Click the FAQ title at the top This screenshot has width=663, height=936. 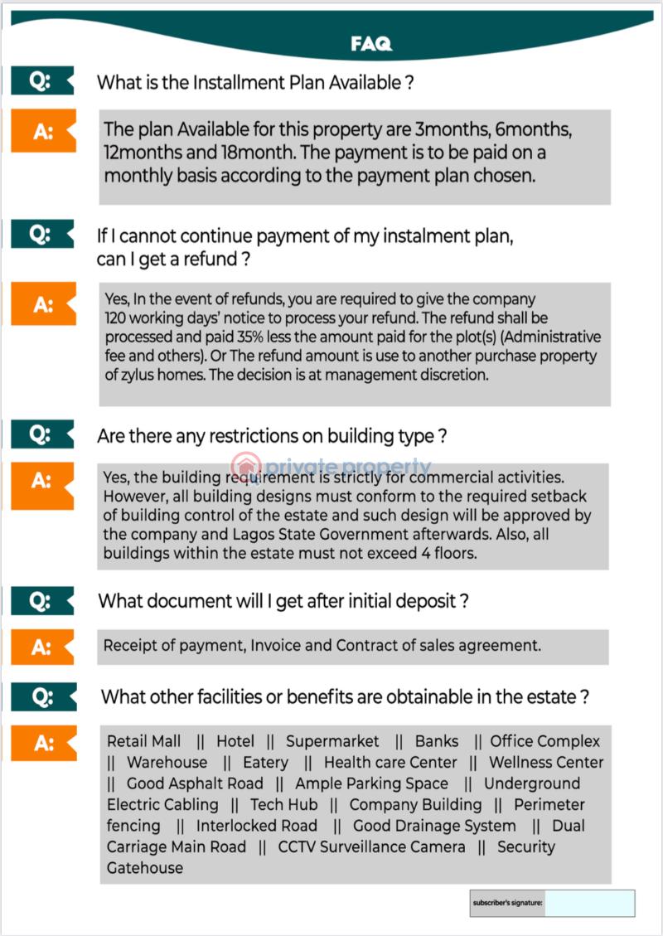370,45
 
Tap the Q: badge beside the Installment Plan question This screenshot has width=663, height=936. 41,80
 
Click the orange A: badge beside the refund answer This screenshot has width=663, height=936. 43,304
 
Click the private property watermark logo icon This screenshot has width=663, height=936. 246,467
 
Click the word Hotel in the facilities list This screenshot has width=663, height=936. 235,741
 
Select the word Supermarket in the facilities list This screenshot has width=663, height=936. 332,741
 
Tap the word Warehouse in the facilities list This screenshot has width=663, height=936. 167,763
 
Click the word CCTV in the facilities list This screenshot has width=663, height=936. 297,847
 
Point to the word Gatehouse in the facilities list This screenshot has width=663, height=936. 145,868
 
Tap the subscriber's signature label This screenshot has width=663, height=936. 507,903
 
